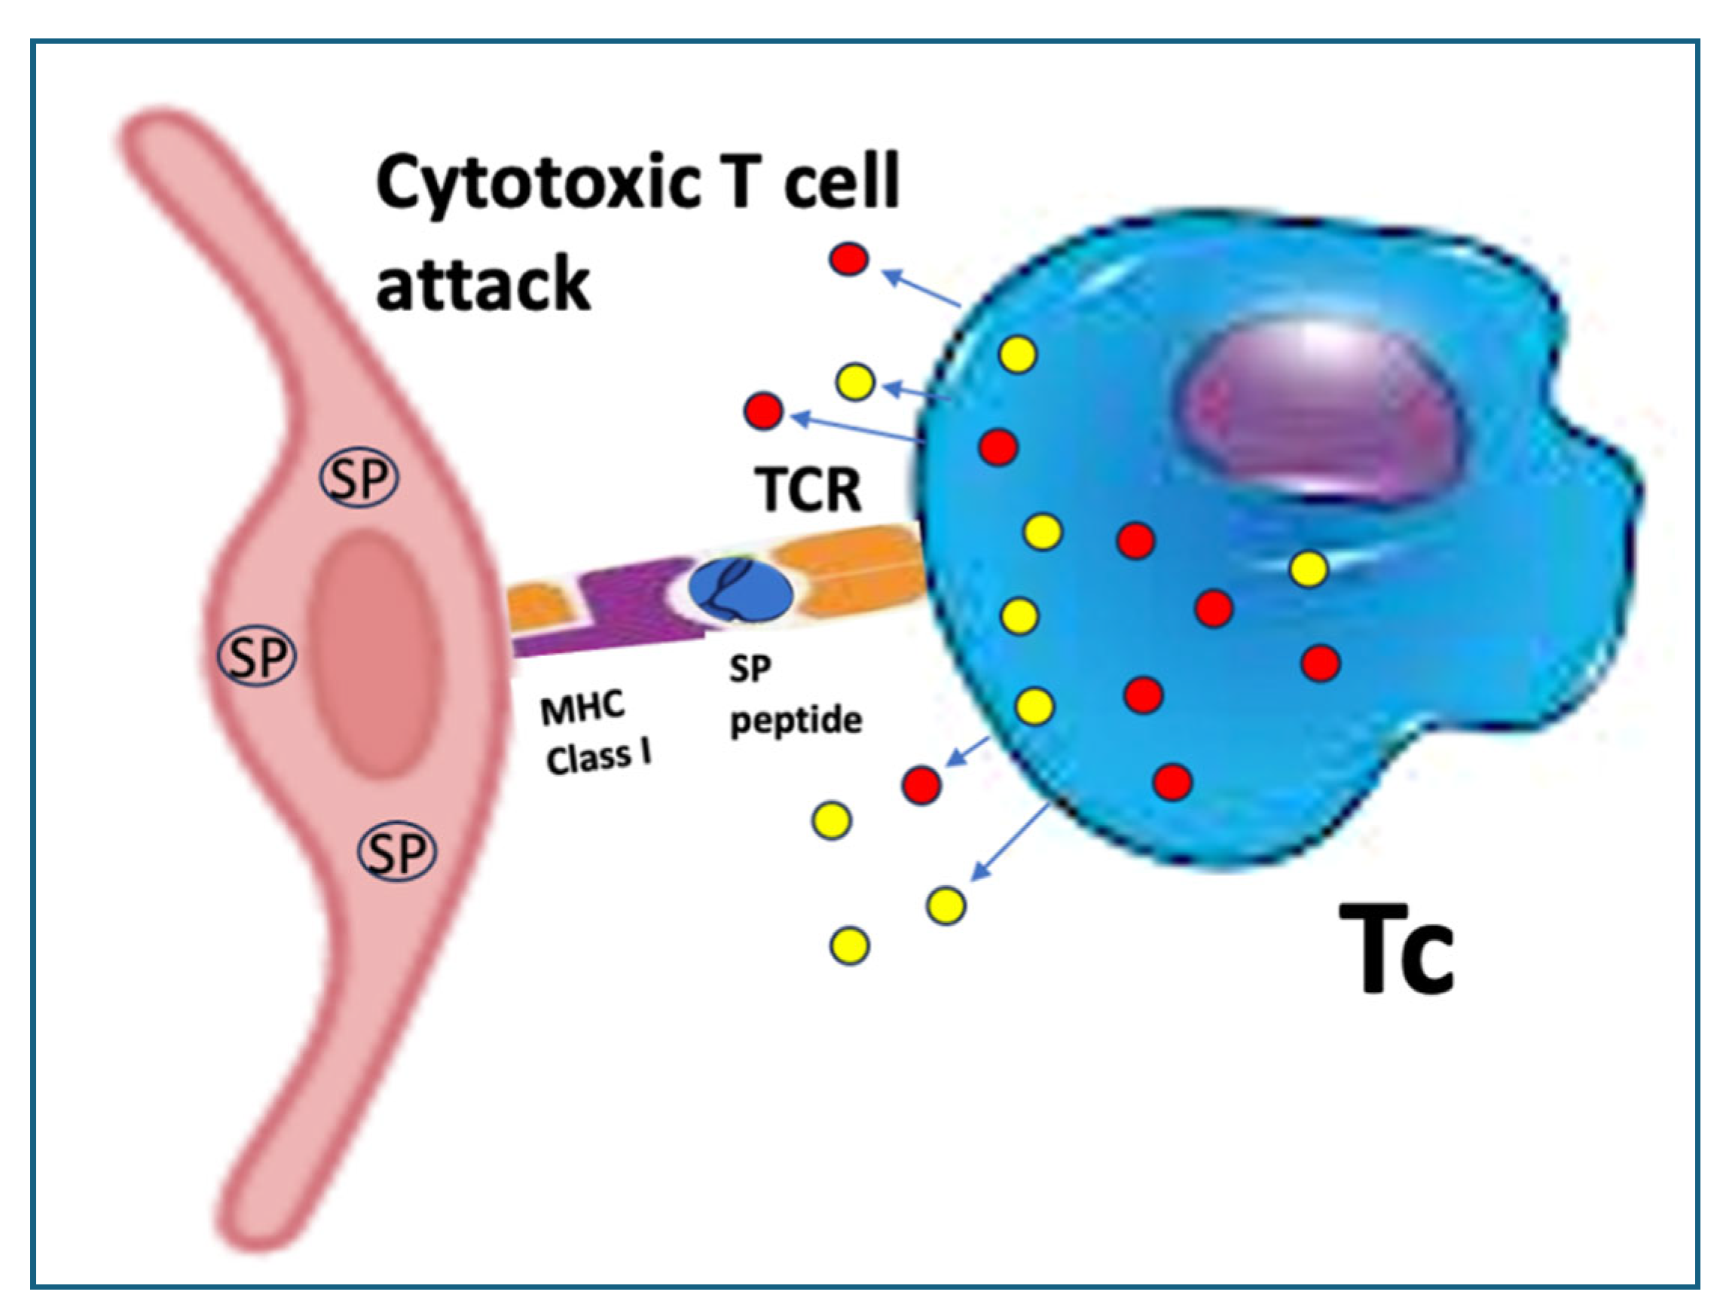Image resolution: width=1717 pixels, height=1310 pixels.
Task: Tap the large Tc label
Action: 1396,951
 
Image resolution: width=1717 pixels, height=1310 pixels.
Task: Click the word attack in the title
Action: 483,282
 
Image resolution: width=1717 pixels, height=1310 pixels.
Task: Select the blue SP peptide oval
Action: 740,592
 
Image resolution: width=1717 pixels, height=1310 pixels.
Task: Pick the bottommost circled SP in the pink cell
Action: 397,852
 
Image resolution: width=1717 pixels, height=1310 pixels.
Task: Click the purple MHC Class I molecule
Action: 624,608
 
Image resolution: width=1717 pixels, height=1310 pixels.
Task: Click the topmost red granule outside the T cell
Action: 848,259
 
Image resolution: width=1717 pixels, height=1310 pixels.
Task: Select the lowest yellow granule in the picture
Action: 850,946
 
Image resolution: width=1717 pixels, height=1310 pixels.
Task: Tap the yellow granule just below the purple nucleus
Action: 1309,569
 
